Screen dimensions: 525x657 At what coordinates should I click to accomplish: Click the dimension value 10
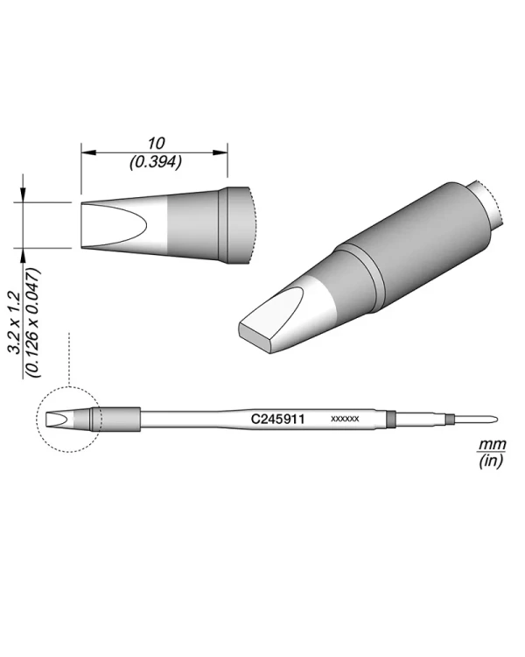pos(156,144)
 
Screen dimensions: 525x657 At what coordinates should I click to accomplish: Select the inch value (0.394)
pos(156,162)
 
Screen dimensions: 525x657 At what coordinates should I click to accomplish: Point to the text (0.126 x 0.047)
pos(33,322)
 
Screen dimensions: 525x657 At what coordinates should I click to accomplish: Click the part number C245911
pos(277,419)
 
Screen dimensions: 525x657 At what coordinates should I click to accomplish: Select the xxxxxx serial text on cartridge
pos(345,419)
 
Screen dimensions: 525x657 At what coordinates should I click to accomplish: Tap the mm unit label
pos(493,444)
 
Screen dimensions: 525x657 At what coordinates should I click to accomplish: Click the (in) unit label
pos(491,462)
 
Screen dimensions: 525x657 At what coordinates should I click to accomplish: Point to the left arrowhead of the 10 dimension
pos(88,152)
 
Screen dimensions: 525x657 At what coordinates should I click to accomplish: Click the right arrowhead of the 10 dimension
pos(220,152)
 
